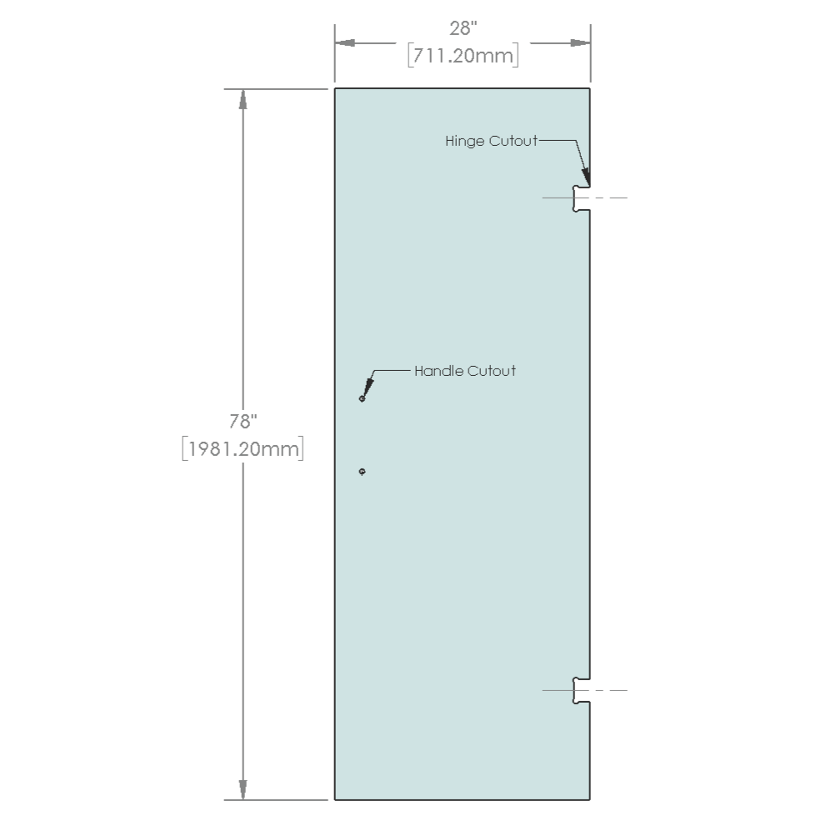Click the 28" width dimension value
click(463, 28)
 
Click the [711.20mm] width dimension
click(463, 55)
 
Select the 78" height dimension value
click(243, 421)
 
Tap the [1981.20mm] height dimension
click(243, 449)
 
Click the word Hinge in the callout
click(465, 141)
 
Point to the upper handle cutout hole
click(362, 398)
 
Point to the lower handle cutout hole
click(362, 471)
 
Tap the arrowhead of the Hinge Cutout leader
click(586, 177)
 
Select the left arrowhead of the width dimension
click(345, 43)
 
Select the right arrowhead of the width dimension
click(580, 43)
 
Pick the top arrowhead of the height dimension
click(243, 99)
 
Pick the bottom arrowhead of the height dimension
click(243, 789)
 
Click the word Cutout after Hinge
click(513, 141)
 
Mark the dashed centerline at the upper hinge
click(584, 198)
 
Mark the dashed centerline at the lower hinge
click(584, 691)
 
